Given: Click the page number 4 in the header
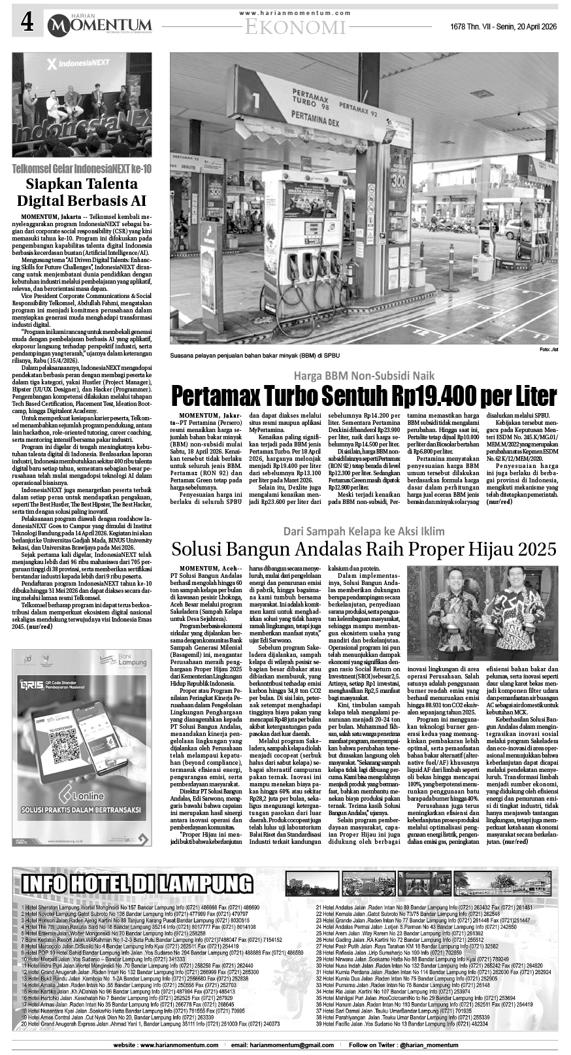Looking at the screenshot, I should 27,24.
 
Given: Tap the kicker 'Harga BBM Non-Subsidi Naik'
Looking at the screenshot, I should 363,375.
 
